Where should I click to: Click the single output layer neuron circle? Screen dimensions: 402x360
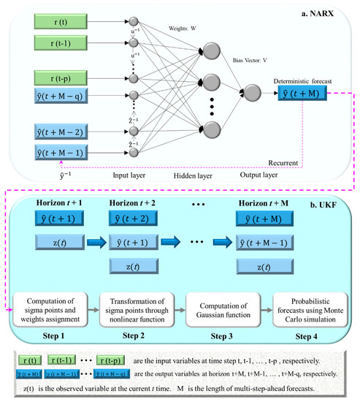tap(253, 94)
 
